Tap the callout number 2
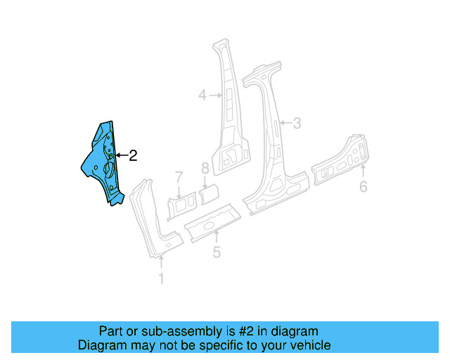(x=132, y=156)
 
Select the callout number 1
(x=161, y=279)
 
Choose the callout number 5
(x=217, y=251)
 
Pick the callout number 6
(x=363, y=186)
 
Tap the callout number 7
(x=179, y=176)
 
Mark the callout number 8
(x=205, y=168)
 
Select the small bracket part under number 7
(x=181, y=205)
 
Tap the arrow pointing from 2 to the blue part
(x=121, y=155)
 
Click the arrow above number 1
(x=161, y=263)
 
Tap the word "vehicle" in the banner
(x=309, y=345)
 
